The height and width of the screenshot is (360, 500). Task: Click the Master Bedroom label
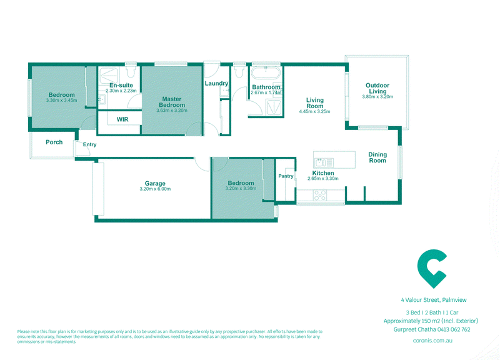pyautogui.click(x=172, y=102)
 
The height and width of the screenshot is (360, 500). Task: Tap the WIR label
pyautogui.click(x=122, y=119)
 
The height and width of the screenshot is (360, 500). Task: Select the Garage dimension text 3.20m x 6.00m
pyautogui.click(x=155, y=189)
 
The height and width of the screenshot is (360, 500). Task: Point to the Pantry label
pyautogui.click(x=286, y=176)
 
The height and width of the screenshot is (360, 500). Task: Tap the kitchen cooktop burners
pyautogui.click(x=320, y=195)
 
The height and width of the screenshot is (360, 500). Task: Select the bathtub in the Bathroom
pyautogui.click(x=266, y=72)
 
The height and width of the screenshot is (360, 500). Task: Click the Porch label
pyautogui.click(x=54, y=142)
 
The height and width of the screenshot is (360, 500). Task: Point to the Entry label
pyautogui.click(x=89, y=144)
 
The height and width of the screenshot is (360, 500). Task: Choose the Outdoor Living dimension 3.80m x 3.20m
pyautogui.click(x=377, y=97)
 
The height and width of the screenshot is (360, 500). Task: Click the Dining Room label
pyautogui.click(x=377, y=157)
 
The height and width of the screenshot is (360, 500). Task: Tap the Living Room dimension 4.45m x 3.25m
pyautogui.click(x=315, y=112)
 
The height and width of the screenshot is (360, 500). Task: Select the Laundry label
pyautogui.click(x=216, y=83)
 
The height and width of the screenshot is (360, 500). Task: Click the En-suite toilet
pyautogui.click(x=131, y=71)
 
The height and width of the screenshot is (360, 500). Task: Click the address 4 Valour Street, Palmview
pyautogui.click(x=434, y=300)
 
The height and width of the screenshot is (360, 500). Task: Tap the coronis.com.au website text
pyautogui.click(x=432, y=341)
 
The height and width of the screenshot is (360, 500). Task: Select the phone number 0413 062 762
pyautogui.click(x=454, y=329)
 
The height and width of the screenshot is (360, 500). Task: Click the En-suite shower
pyautogui.click(x=108, y=76)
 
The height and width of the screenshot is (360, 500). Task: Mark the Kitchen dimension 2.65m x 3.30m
pyautogui.click(x=323, y=179)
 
